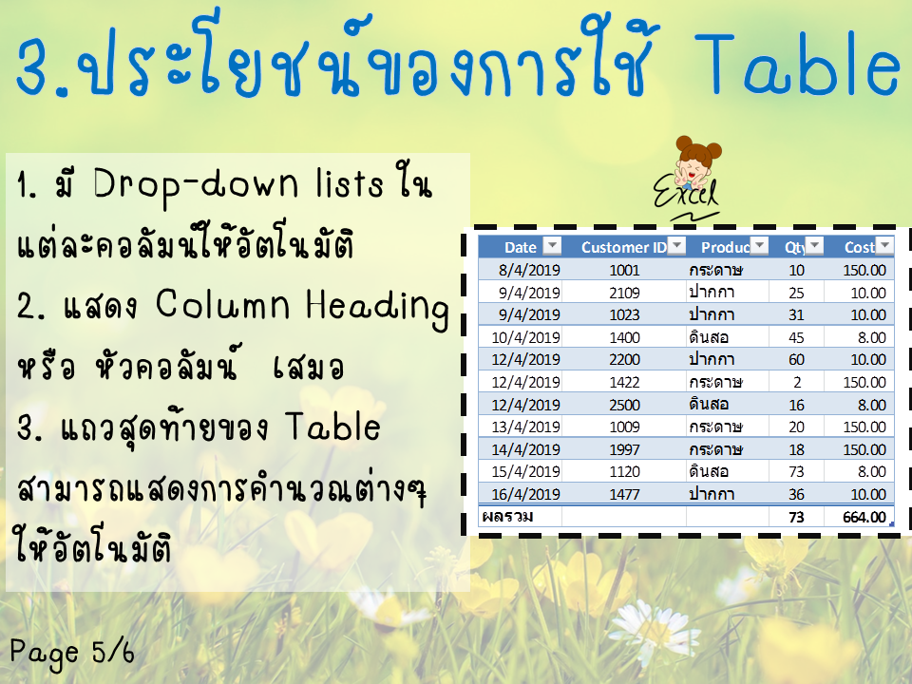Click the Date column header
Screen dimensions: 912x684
coord(520,247)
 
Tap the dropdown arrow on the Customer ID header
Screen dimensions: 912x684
coord(676,246)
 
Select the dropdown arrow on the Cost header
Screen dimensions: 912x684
coord(884,246)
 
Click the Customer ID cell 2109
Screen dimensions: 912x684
coord(624,293)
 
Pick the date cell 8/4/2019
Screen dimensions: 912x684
coord(529,270)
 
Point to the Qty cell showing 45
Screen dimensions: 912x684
coord(796,337)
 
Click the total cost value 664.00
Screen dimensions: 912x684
coord(864,517)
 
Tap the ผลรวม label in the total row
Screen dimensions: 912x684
coord(507,517)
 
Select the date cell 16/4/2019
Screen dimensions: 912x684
coord(525,494)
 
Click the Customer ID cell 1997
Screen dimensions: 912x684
coord(624,449)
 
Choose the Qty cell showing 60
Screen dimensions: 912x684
coord(796,359)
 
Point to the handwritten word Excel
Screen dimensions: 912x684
coord(685,193)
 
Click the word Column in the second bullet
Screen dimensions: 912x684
coord(222,304)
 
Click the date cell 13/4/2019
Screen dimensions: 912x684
coord(525,427)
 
